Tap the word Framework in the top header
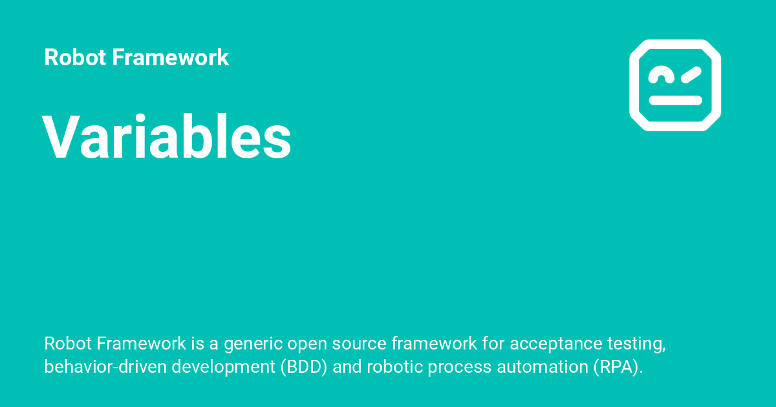point(170,57)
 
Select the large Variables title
point(167,138)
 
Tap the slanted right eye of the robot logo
point(690,76)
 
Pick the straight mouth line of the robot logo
point(675,100)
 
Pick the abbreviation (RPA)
point(615,367)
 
